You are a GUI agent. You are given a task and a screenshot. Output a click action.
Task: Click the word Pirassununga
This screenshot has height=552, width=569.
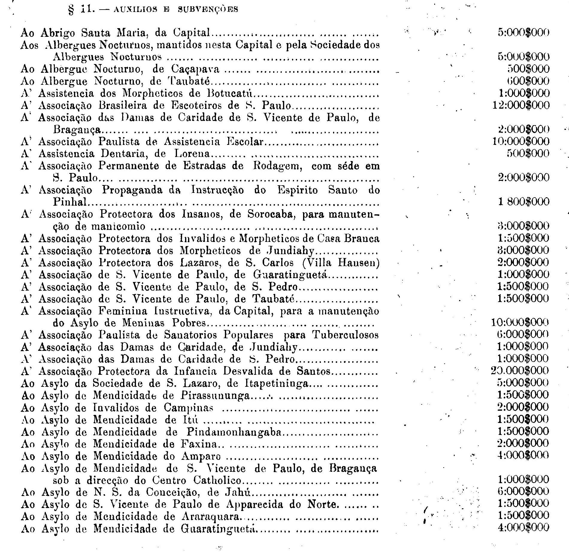point(215,395)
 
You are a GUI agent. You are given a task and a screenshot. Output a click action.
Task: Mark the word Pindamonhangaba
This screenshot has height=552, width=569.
point(234,432)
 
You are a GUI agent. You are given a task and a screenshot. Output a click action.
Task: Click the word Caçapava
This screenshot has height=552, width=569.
point(195,69)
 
